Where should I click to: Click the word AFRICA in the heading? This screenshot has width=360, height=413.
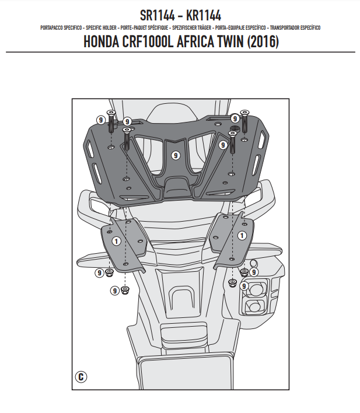click(x=188, y=43)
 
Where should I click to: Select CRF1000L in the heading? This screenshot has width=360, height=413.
click(x=146, y=43)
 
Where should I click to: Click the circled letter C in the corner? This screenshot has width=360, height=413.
click(x=81, y=376)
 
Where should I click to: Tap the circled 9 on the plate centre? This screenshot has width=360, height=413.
click(x=175, y=155)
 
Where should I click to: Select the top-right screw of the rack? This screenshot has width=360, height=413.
click(x=244, y=117)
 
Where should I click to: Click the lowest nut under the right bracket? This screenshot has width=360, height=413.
click(x=232, y=284)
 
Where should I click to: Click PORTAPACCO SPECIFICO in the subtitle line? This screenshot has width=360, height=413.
click(x=61, y=28)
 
